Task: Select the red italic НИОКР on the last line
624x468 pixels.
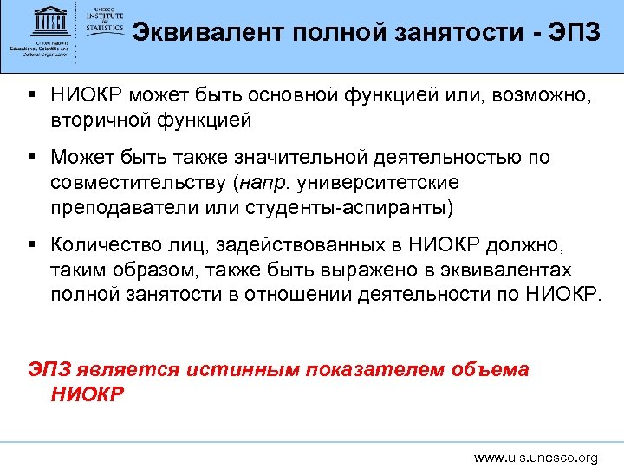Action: click(x=88, y=394)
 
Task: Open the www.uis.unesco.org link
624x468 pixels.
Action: click(x=536, y=457)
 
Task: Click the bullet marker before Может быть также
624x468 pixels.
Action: click(x=32, y=158)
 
